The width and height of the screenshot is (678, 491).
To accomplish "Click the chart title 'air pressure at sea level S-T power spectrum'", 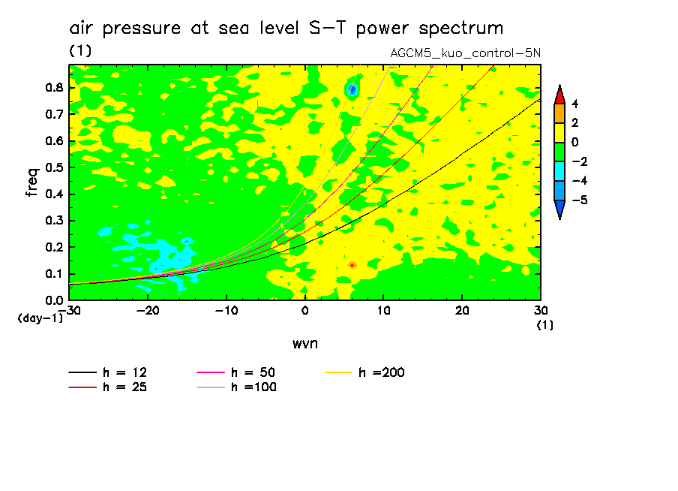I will pos(286,29).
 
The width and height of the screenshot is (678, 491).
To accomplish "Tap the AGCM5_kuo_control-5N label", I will pos(465,53).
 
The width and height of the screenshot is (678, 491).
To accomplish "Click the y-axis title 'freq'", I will pos(31,182).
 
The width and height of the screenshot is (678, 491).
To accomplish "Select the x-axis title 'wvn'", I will pos(304,343).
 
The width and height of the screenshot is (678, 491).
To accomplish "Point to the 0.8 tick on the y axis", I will pos(53,88).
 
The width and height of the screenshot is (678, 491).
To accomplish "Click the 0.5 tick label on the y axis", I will pos(53,167).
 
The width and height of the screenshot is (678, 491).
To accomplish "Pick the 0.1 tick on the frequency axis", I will pos(53,274).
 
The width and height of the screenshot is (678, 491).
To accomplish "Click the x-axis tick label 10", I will pos(383,311).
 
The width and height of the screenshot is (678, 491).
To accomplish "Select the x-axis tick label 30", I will pos(540,311).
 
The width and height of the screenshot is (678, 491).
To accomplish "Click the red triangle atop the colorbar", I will pos(559,94).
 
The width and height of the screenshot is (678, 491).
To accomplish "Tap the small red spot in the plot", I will pos(352,265).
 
